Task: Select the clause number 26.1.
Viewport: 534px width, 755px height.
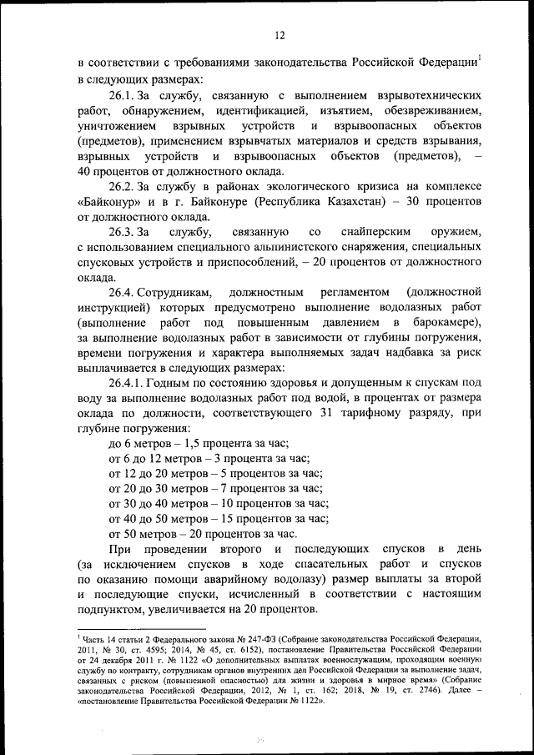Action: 123,97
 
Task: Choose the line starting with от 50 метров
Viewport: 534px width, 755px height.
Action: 203,532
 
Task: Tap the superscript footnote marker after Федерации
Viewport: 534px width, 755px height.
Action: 481,57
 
